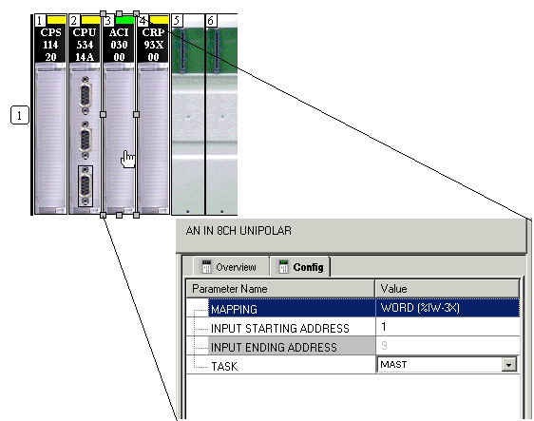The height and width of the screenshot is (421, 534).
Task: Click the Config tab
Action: coord(300,267)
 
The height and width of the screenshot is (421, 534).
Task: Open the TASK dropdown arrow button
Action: coord(508,365)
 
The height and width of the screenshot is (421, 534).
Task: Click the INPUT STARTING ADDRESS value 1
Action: coord(384,327)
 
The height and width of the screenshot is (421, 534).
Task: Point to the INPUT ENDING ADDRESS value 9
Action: coord(384,346)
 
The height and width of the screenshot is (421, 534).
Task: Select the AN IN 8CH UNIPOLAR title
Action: coord(238,231)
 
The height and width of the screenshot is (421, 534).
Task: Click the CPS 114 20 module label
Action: coord(50,45)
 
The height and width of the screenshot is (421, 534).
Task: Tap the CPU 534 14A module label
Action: coord(85,45)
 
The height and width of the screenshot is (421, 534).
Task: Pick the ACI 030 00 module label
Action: coord(119,45)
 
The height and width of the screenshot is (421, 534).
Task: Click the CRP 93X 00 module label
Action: coord(153,45)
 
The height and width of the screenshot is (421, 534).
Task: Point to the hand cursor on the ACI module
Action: coord(127,160)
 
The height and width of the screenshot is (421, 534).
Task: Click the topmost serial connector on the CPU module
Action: coord(86,96)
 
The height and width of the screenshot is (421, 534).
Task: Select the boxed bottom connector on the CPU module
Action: coord(86,186)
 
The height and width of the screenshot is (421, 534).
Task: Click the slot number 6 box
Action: coord(211,21)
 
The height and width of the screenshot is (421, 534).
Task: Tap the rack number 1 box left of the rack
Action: coord(19,115)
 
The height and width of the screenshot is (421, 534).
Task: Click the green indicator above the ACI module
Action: coord(125,20)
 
